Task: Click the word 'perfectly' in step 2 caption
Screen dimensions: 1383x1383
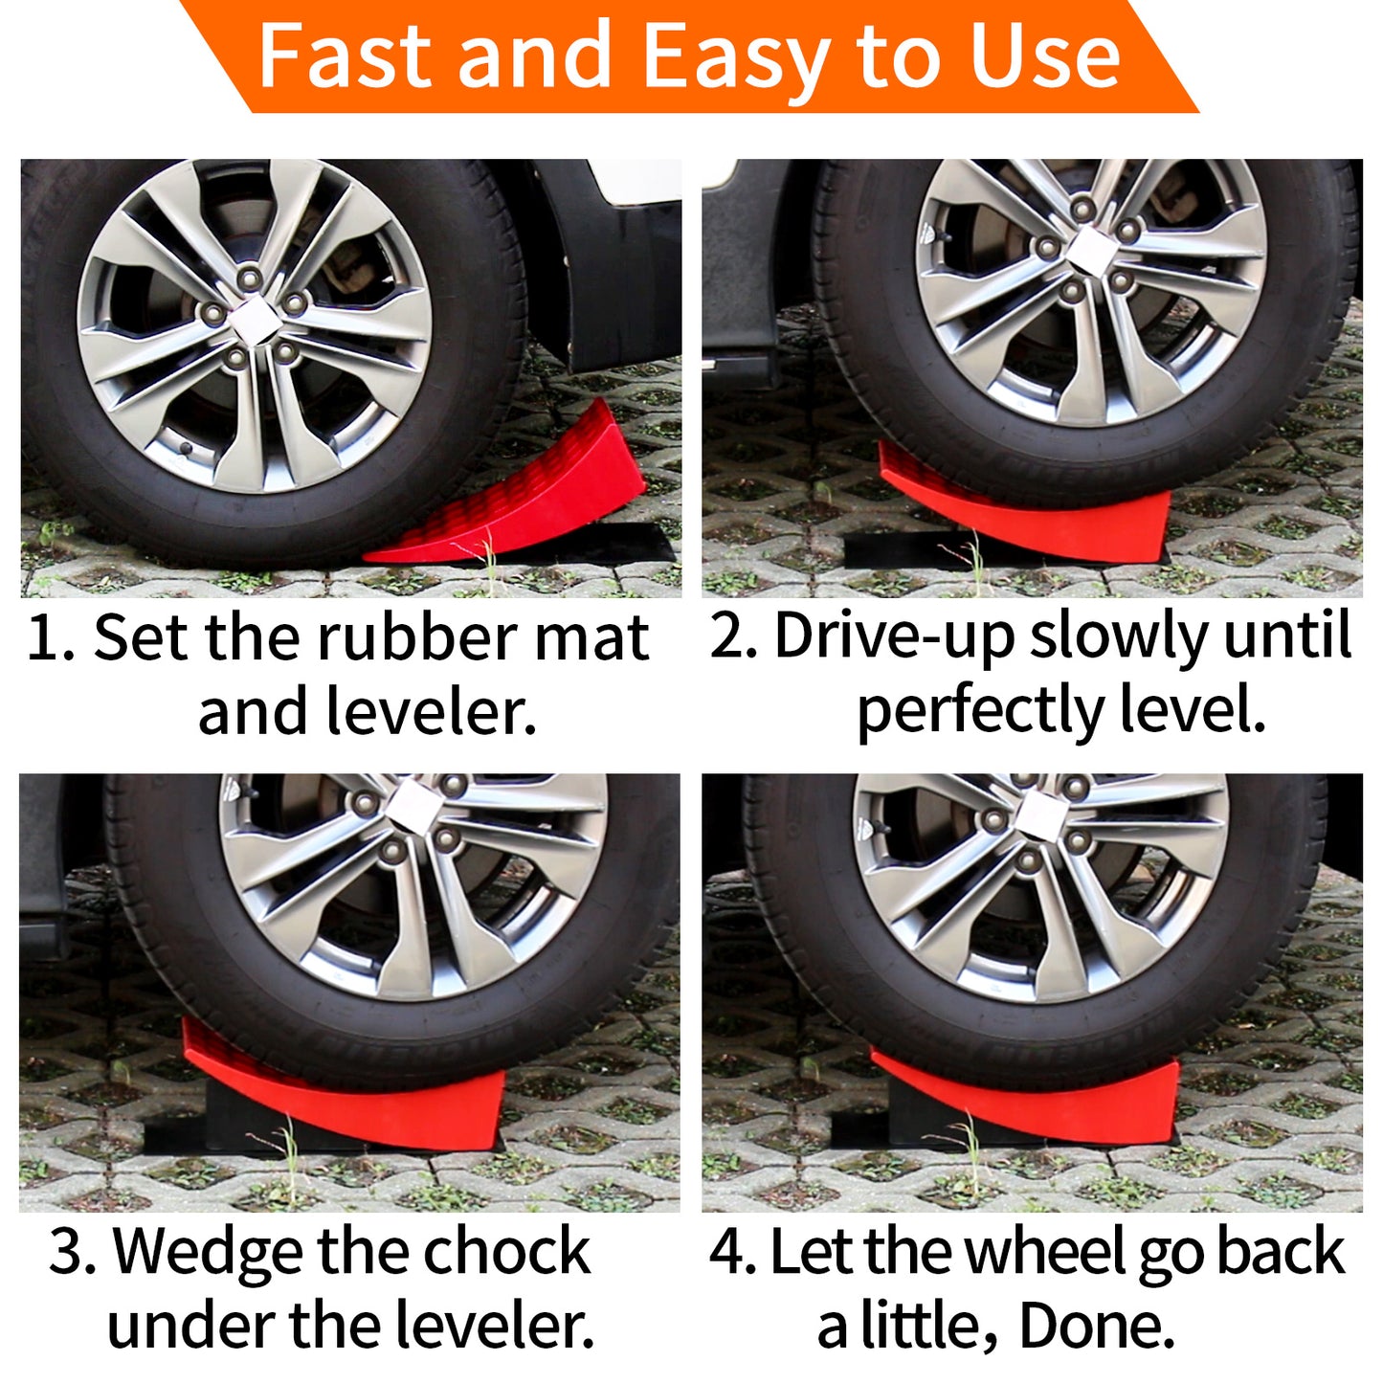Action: pyautogui.click(x=981, y=714)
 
